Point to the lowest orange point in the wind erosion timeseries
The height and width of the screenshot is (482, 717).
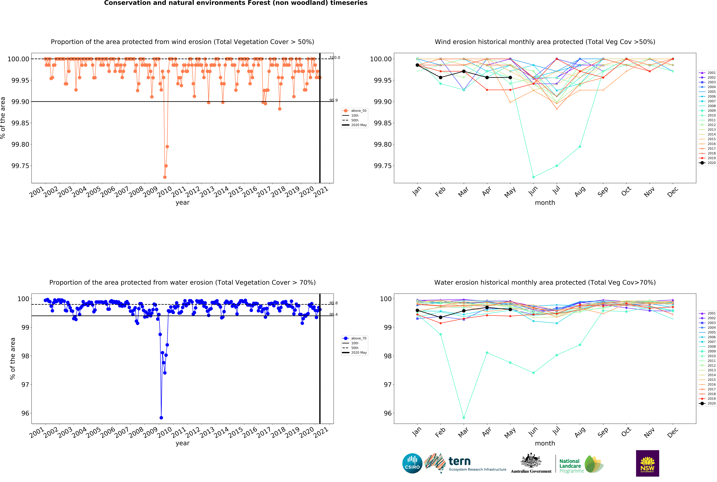tap(165, 177)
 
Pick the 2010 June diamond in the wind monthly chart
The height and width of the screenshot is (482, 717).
tap(533, 177)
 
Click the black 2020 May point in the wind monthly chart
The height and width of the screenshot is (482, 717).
tap(510, 77)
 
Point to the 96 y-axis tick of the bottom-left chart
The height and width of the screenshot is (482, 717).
tap(25, 413)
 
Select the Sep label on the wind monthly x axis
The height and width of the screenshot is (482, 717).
tap(603, 191)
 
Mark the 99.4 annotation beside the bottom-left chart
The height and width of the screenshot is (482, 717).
tap(333, 314)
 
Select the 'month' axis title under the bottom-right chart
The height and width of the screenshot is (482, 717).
tap(545, 443)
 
